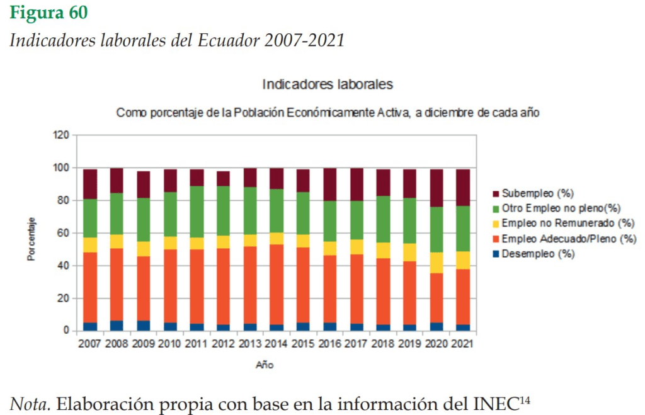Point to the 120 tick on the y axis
pyautogui.click(x=60, y=135)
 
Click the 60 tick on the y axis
pyautogui.click(x=62, y=233)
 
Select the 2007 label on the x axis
pyautogui.click(x=90, y=344)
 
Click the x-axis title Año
pyautogui.click(x=265, y=365)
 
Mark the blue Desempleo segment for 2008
pyautogui.click(x=117, y=326)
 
